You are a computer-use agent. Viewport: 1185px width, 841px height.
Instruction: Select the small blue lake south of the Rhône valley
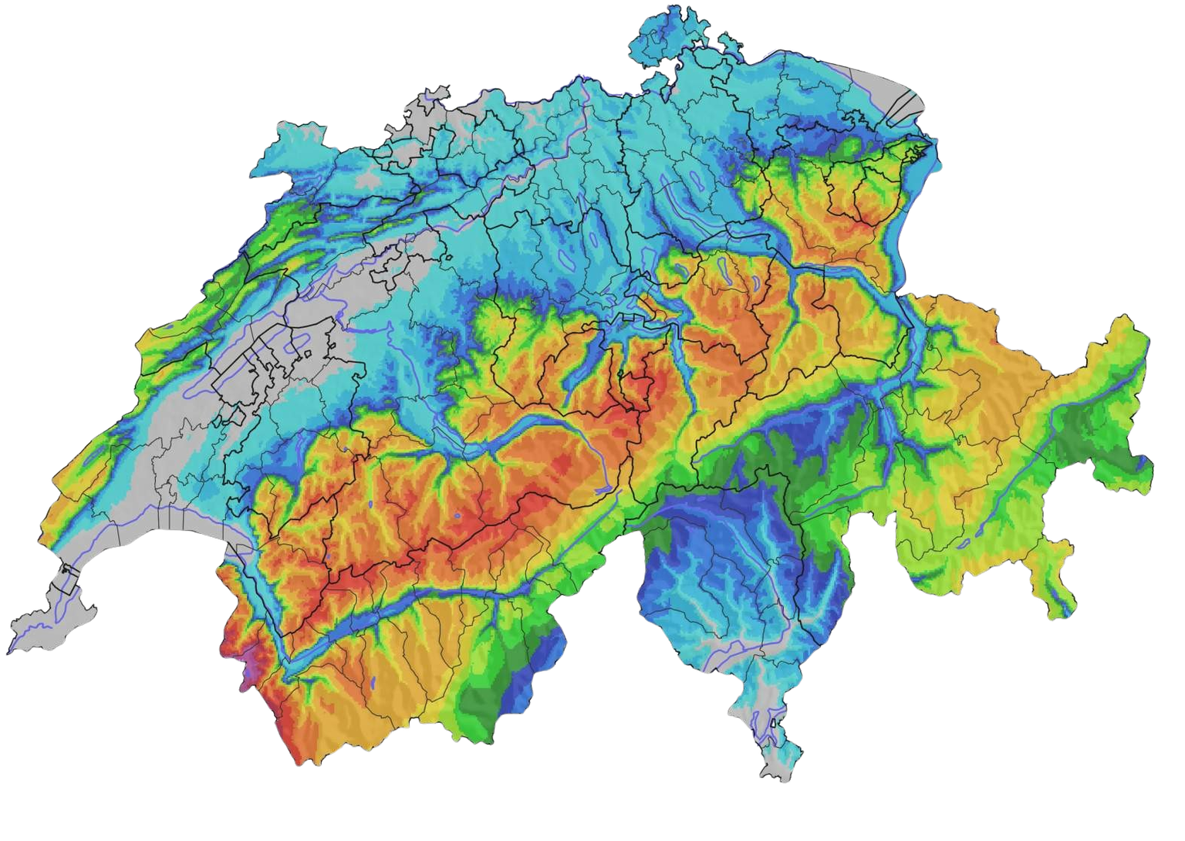tap(372, 682)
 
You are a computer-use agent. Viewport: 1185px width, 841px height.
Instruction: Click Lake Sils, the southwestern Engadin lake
tap(964, 543)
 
